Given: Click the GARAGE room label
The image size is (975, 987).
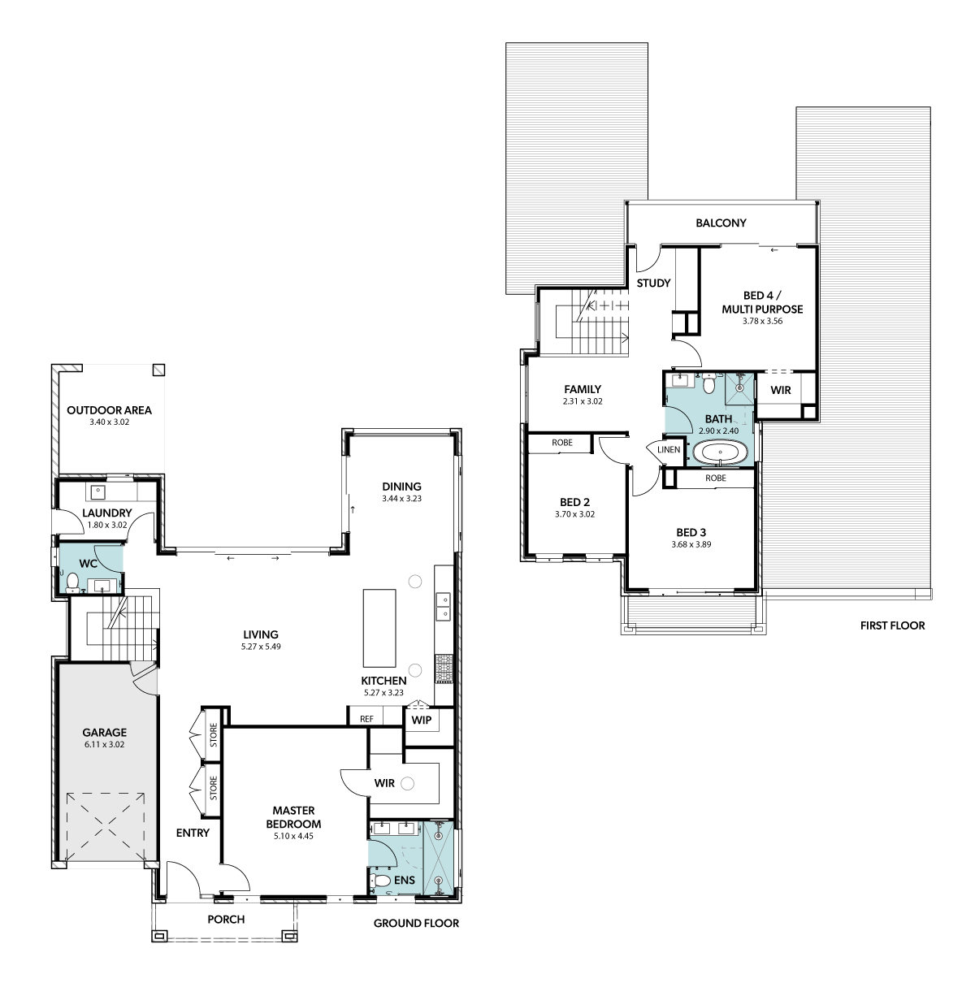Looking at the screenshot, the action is pos(105,733).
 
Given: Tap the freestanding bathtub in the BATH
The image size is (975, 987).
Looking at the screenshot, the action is pos(721,452).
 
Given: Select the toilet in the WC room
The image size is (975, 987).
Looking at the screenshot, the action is pos(73,582).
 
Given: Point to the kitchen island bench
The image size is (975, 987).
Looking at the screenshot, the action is pos(379,628).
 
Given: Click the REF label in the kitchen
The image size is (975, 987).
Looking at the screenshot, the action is pos(366,719).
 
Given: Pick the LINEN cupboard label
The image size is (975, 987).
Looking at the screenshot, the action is pos(669,449).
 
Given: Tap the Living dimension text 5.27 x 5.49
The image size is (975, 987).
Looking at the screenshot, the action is pos(261,647).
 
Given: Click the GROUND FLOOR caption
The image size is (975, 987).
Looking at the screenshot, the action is pos(416,923).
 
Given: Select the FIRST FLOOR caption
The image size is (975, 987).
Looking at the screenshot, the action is pos(892,626).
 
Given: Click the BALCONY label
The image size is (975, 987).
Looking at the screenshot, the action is pos(721,223).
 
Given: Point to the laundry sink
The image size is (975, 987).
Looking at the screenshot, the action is pos(97,492).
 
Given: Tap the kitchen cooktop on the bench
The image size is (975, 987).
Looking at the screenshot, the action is pos(444,669).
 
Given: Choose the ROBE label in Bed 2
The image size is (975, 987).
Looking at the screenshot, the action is pos(562,443).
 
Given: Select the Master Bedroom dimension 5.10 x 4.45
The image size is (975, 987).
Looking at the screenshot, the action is pos(293,836).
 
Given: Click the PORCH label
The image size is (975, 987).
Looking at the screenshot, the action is pos(226,920).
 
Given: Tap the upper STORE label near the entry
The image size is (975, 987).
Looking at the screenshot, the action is pos(214,735).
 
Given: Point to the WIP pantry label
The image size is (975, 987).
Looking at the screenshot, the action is pos(421,721).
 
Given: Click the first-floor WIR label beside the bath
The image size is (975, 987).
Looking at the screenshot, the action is pos(781,390).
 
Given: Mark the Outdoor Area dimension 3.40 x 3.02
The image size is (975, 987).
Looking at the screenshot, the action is pos(109,422).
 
